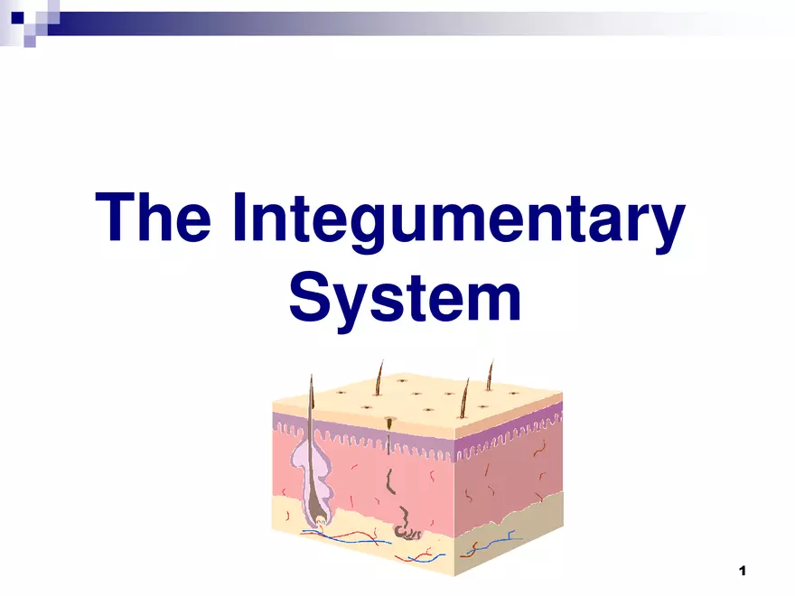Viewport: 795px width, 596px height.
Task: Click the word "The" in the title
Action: pos(153,217)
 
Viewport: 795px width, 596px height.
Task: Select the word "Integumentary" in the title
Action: pos(459,223)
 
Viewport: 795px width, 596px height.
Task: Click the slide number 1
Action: pos(743,571)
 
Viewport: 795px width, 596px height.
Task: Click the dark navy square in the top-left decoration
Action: pos(18,18)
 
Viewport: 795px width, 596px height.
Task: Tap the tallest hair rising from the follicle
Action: pos(312,405)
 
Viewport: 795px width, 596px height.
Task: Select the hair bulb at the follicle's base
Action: pos(321,520)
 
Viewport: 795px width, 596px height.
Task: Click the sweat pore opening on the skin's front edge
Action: pos(389,421)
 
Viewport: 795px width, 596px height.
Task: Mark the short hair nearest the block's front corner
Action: pos(464,399)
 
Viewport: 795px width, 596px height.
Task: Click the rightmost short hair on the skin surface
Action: pos(490,375)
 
